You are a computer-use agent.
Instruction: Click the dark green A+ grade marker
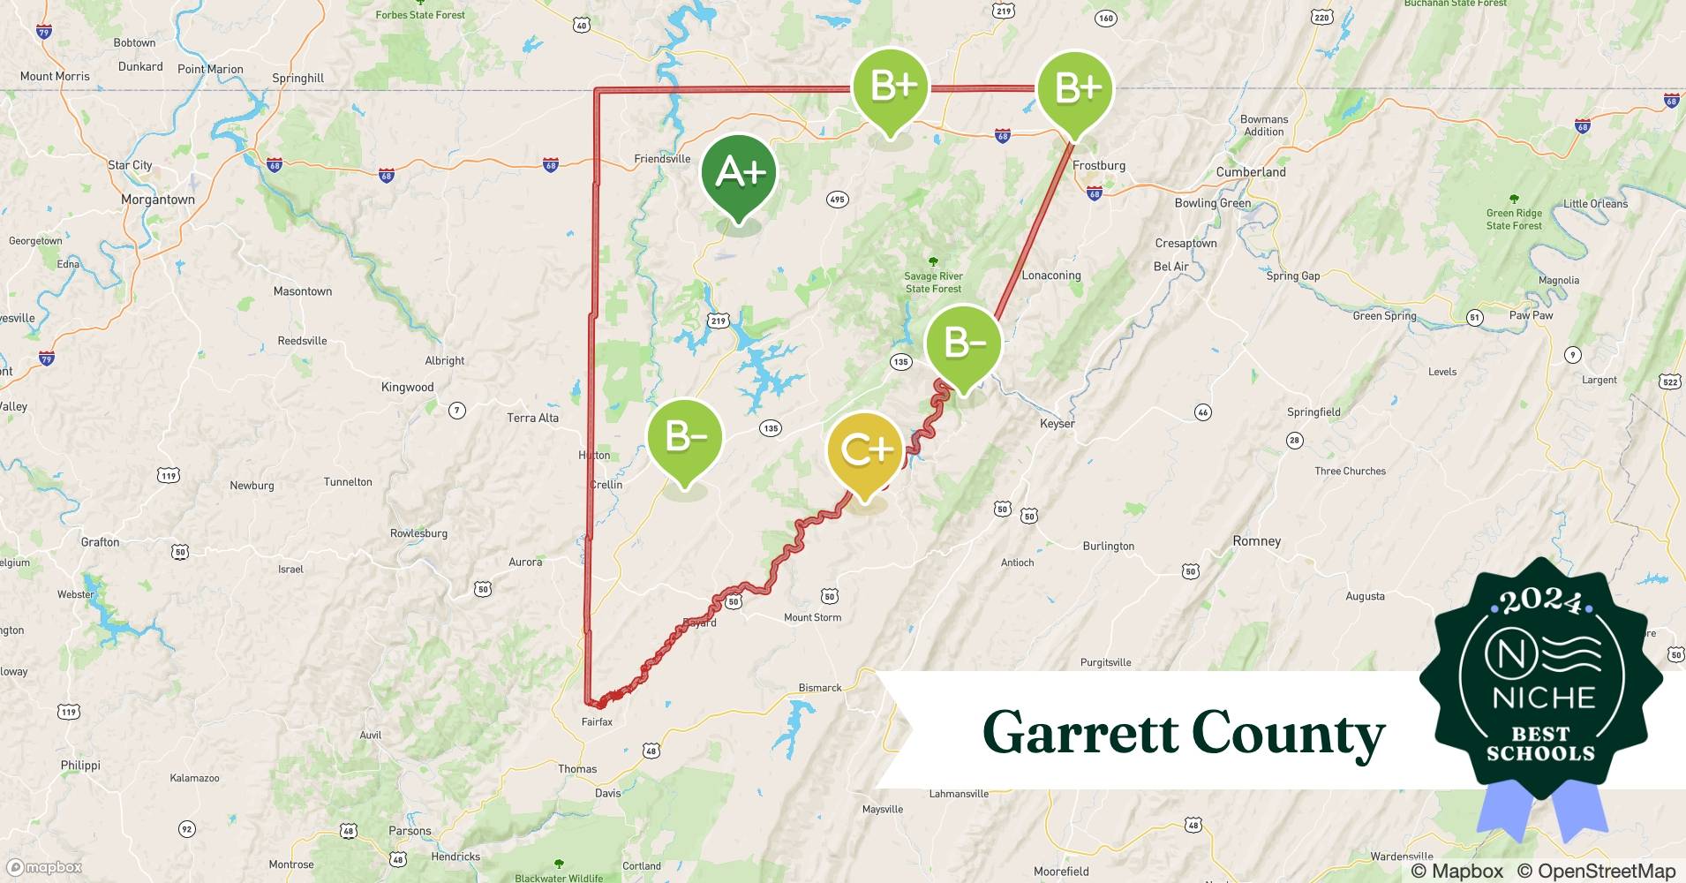(739, 173)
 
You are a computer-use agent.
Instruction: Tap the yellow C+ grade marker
(865, 450)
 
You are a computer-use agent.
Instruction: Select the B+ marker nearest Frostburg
(1074, 88)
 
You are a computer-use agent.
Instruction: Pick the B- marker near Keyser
(964, 343)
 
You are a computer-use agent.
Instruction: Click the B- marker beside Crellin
(684, 437)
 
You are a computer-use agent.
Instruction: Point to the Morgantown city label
(158, 200)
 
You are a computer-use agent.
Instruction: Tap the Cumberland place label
(1251, 172)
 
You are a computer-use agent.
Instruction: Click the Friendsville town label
(662, 159)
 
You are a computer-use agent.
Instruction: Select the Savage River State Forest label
(933, 283)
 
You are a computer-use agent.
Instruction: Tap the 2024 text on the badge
(1541, 601)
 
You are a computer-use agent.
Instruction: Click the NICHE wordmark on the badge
(1543, 698)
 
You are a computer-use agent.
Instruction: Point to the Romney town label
(1256, 541)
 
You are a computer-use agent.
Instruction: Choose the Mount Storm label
(812, 617)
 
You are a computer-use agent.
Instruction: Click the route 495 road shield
(837, 200)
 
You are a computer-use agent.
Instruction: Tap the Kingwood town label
(407, 387)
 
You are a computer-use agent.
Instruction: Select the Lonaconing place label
(1050, 275)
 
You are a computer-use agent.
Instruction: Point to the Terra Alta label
(532, 418)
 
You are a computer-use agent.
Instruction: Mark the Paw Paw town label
(1531, 315)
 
